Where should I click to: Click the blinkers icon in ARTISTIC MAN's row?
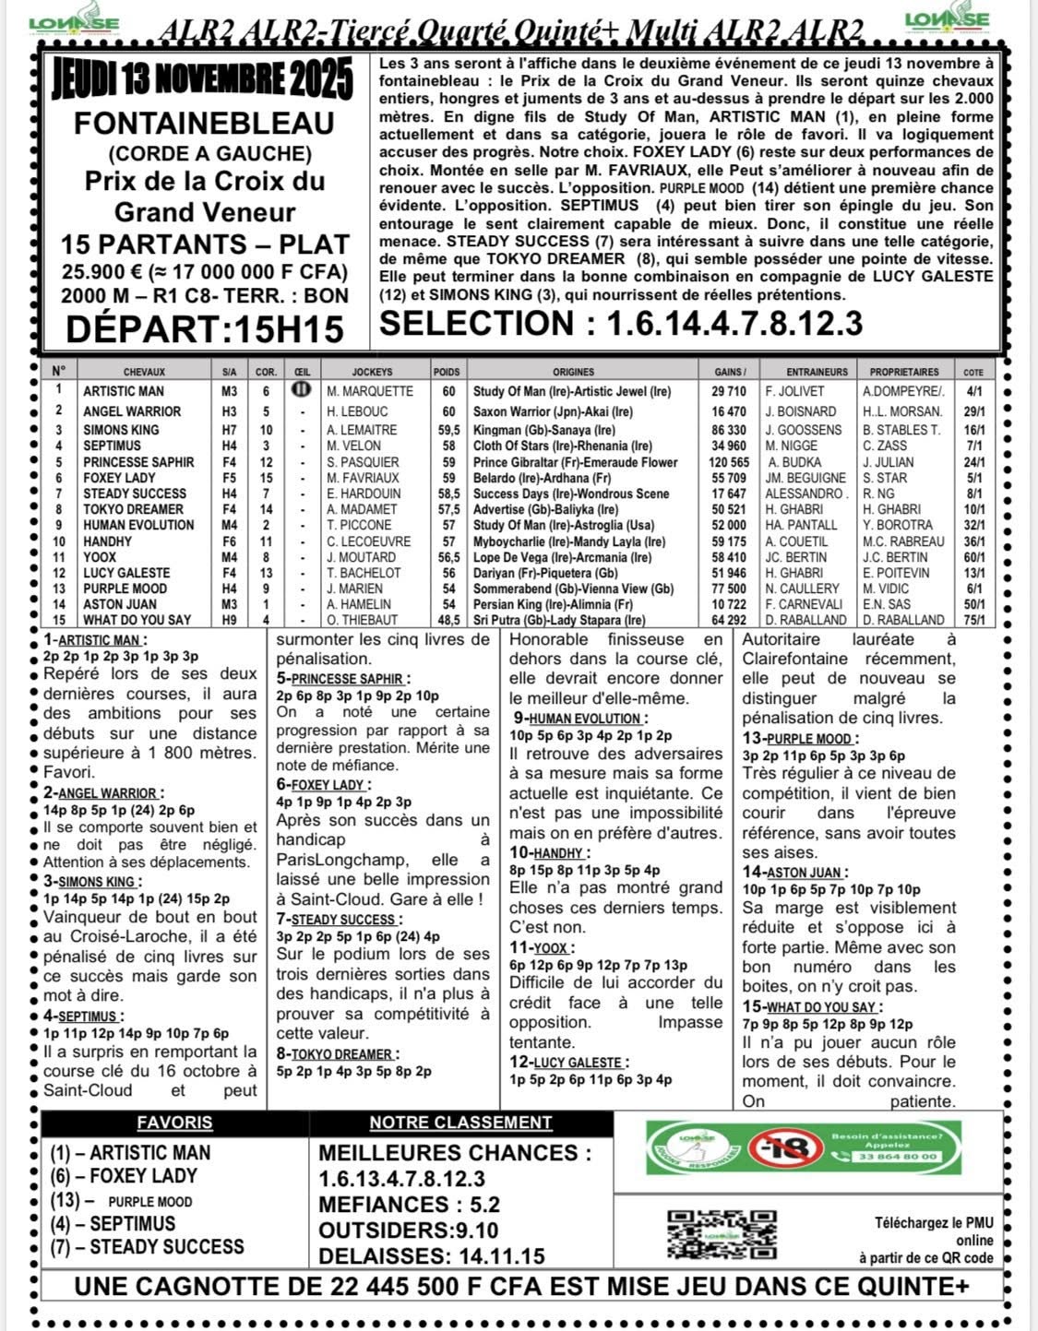[301, 390]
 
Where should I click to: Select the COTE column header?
[972, 372]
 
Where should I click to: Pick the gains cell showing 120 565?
[728, 462]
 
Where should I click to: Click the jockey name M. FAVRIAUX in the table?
[363, 478]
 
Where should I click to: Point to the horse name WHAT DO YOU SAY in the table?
[137, 620]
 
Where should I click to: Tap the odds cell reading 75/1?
[972, 620]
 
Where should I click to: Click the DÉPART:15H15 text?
[205, 328]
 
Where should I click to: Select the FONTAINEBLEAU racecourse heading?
[204, 124]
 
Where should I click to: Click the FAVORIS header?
[174, 1123]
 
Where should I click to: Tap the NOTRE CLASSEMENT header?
[460, 1123]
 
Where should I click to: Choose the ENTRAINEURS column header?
[805, 372]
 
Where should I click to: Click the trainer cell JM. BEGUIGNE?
[805, 478]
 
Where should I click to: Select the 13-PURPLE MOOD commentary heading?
[798, 739]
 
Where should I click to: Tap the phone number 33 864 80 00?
[897, 1157]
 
